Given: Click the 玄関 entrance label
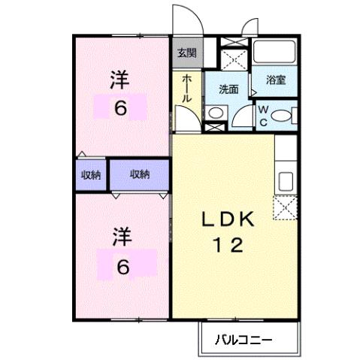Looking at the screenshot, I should [186, 53].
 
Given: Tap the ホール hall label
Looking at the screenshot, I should [186, 89].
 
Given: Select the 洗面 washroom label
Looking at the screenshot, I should [228, 88].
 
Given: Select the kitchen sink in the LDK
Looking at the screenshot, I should [286, 181].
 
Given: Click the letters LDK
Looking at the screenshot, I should [231, 219].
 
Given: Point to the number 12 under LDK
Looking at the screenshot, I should [231, 245].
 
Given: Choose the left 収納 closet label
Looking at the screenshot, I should [91, 174].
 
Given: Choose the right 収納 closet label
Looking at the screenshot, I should [139, 174].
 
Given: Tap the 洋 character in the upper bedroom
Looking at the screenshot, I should [119, 80].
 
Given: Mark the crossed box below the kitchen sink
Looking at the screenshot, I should [286, 208].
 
